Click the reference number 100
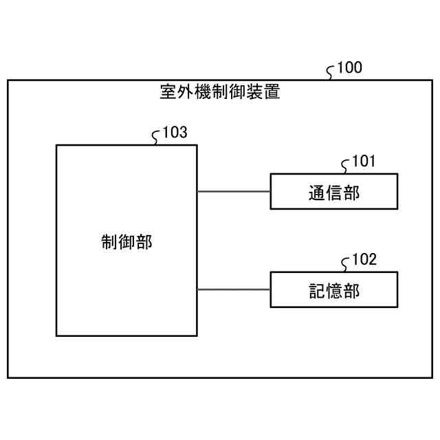click(x=349, y=67)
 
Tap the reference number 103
click(x=175, y=133)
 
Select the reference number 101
click(x=363, y=162)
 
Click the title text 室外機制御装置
click(x=220, y=92)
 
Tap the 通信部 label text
click(x=334, y=193)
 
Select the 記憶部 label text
click(x=334, y=291)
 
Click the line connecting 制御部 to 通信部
click(x=234, y=191)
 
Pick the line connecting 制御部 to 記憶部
click(x=234, y=289)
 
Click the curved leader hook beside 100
click(x=331, y=71)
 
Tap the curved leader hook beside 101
click(x=346, y=166)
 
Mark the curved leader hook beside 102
click(x=346, y=264)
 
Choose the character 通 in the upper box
click(x=317, y=193)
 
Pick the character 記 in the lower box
click(x=317, y=291)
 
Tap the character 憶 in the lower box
click(x=334, y=291)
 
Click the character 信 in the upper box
click(x=334, y=193)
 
